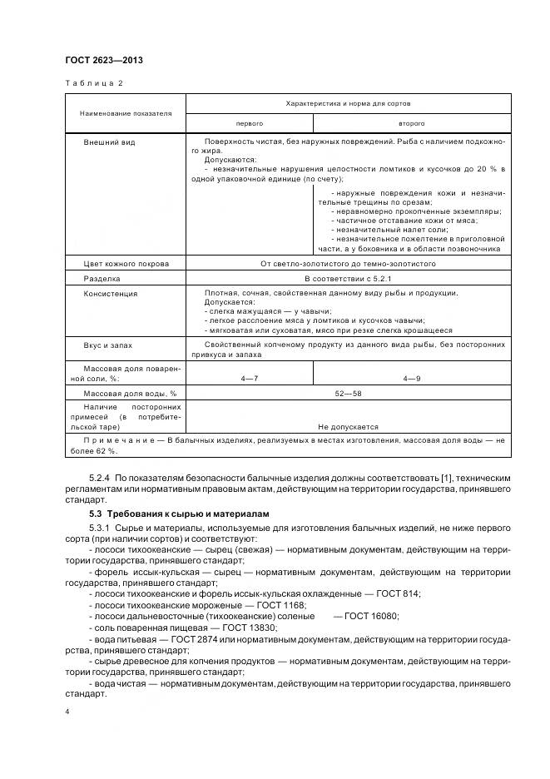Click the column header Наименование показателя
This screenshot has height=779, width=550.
coord(126,112)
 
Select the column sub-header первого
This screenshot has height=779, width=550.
coord(250,122)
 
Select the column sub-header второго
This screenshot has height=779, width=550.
coord(412,122)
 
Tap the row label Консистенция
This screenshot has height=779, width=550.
coord(111,294)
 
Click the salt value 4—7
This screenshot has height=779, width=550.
coord(250,379)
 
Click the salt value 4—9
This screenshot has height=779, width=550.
coord(412,379)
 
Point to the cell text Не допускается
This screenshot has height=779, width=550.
coord(348,425)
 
